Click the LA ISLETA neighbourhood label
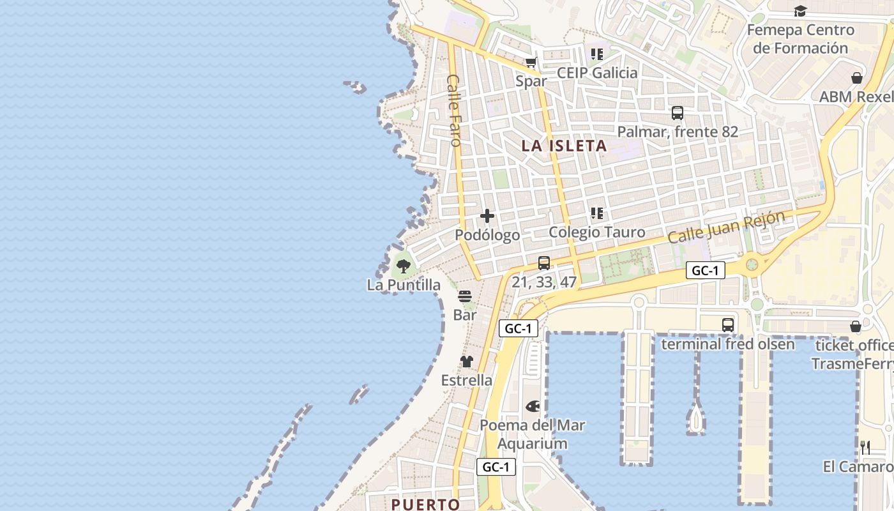564,146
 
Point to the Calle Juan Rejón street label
726,227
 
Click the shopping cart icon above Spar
531,63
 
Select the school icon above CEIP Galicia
597,54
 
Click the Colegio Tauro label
597,233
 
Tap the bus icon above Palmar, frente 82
678,113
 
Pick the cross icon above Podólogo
487,216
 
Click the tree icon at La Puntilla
403,266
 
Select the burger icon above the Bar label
465,296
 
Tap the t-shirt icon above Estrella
467,362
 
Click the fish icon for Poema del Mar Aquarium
533,406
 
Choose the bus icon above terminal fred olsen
728,325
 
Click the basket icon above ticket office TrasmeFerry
856,327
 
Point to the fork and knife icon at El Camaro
865,448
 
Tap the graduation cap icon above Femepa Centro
800,11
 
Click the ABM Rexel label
856,97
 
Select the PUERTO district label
425,504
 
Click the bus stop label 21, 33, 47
544,282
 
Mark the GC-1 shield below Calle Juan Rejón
706,270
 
